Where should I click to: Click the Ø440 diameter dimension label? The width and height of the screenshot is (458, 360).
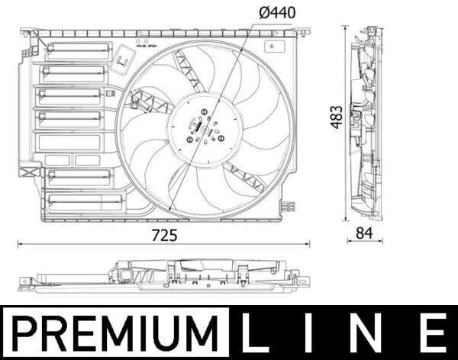[x=276, y=12]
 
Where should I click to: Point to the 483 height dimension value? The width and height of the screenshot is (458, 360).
[x=336, y=116]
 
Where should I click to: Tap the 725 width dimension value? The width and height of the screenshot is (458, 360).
[x=164, y=235]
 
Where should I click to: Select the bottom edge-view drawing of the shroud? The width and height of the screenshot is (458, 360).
[x=164, y=276]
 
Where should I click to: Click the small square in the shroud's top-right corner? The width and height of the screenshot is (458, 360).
[x=273, y=46]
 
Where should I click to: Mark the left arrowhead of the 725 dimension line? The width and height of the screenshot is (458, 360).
[x=20, y=245]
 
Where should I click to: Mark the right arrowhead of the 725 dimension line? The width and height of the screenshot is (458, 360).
[x=308, y=245]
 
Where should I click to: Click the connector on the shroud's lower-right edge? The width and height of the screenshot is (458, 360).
[x=287, y=206]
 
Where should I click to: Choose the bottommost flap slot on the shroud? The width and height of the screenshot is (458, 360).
[x=84, y=202]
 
